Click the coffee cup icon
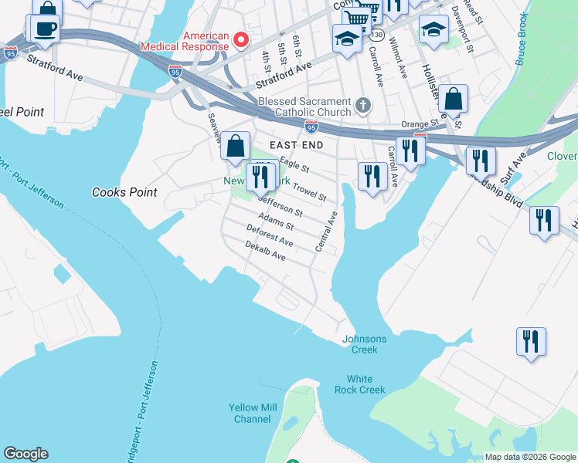click(x=42, y=28)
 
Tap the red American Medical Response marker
click(x=240, y=38)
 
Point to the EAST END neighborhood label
click(x=295, y=145)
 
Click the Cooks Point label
click(x=124, y=192)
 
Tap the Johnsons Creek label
click(x=364, y=344)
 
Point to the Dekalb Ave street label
click(x=265, y=250)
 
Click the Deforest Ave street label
click(x=270, y=235)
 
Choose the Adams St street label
click(x=276, y=221)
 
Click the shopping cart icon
click(x=355, y=17)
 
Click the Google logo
click(x=25, y=454)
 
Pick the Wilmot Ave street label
click(x=398, y=59)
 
